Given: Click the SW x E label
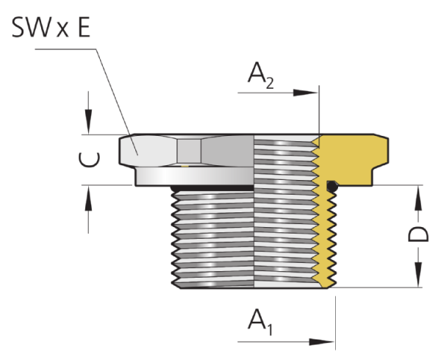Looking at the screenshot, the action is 51,27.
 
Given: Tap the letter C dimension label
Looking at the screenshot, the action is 89,159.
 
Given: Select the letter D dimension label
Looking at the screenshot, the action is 418,234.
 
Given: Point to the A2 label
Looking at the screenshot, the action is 261,76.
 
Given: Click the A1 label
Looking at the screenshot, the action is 260,323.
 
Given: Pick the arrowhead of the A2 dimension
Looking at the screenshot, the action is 306,93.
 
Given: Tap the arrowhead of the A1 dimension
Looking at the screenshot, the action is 321,342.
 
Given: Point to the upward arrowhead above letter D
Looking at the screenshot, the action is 418,198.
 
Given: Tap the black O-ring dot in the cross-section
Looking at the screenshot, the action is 332,187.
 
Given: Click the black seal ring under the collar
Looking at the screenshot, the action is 212,188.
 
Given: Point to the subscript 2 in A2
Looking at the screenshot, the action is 270,84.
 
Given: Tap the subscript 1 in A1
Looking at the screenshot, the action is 270,330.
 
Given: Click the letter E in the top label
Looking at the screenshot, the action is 84,27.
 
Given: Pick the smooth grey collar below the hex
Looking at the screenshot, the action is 195,176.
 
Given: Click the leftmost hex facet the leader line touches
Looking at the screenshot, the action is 148,151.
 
